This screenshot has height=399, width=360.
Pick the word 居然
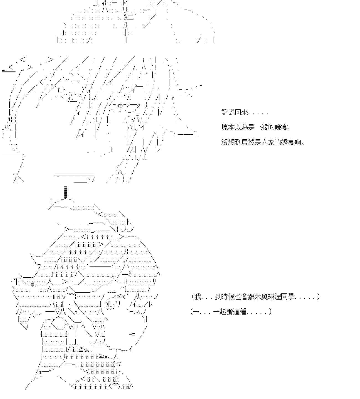tap(248, 142)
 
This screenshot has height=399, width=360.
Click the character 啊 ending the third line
tap(299, 142)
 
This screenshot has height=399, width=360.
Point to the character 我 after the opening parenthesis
tap(198, 297)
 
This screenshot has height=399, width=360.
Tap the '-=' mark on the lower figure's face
tap(132, 334)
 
